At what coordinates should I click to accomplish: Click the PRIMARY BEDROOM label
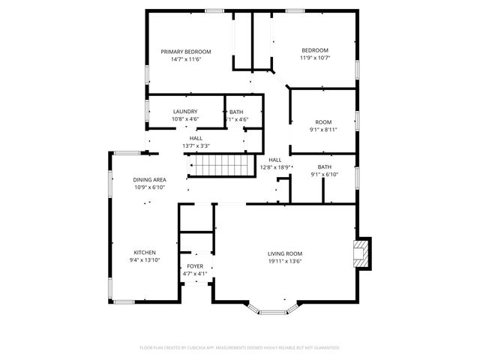tap(186, 52)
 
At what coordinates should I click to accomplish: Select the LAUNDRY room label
tap(185, 112)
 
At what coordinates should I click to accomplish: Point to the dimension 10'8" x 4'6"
tap(185, 119)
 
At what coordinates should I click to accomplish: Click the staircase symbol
tap(217, 164)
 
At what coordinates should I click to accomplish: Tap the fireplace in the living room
tap(363, 253)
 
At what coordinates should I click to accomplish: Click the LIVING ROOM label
tap(285, 253)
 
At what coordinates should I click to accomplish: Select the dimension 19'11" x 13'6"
tap(285, 262)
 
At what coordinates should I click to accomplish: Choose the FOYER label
tap(195, 266)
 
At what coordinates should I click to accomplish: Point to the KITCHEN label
tap(145, 252)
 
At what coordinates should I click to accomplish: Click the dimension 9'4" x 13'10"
tap(145, 260)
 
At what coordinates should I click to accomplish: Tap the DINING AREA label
tap(150, 180)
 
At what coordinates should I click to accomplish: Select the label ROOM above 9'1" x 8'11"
tap(323, 121)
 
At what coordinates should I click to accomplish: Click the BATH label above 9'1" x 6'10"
tap(324, 166)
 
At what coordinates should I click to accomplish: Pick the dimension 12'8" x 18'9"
tap(275, 167)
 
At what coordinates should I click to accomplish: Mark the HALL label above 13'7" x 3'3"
tap(196, 138)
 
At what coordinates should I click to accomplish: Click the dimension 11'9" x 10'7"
tap(315, 58)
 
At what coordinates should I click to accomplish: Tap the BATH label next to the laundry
tap(236, 112)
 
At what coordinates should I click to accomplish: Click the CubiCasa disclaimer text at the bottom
tap(240, 348)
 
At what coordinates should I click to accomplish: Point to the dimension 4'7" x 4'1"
tap(195, 274)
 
